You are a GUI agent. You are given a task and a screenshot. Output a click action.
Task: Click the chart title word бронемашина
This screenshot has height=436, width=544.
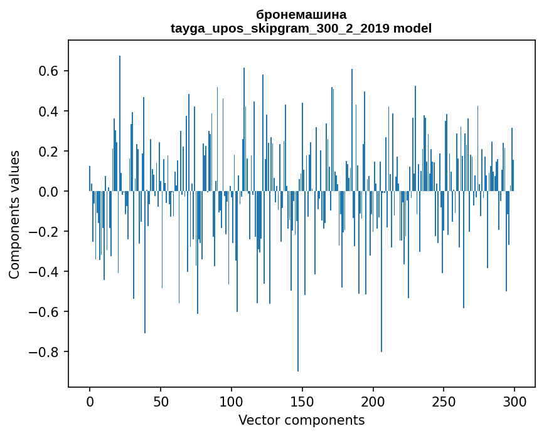301,14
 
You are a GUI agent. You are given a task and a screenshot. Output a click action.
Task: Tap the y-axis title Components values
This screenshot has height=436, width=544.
14,214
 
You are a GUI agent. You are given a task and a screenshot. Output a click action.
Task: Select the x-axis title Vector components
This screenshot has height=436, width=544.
301,420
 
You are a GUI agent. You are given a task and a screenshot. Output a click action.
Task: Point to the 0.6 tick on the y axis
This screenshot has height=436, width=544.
47,71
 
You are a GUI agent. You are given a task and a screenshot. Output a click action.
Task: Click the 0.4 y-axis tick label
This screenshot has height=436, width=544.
47,112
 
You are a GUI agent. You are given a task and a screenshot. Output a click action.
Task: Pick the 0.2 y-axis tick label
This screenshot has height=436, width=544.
47,152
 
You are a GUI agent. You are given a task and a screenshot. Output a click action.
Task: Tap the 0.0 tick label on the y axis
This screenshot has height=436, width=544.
47,192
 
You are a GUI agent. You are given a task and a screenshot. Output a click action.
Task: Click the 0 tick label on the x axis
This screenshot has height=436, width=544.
90,401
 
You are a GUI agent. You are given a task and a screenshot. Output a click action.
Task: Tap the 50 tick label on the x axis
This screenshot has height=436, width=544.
161,401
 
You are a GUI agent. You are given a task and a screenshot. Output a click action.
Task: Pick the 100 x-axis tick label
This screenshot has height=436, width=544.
232,401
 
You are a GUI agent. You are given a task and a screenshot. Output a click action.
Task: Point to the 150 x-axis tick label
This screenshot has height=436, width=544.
302,401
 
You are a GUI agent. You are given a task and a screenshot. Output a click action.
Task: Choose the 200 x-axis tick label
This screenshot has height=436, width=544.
373,401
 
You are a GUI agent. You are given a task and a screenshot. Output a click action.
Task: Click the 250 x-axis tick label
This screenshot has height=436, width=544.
444,401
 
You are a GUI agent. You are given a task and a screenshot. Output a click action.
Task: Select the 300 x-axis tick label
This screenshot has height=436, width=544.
515,401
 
